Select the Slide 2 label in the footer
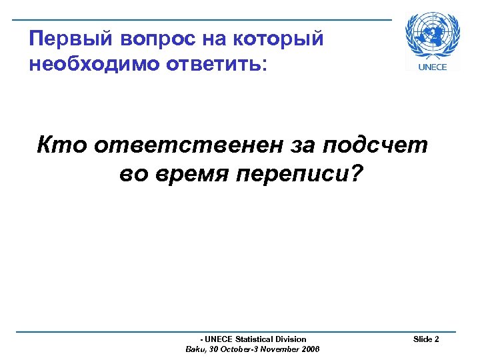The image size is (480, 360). (426, 339)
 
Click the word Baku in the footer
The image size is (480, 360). (195, 349)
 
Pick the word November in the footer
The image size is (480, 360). (279, 349)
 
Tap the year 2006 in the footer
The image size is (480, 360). (310, 349)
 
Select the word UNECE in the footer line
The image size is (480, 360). (218, 339)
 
